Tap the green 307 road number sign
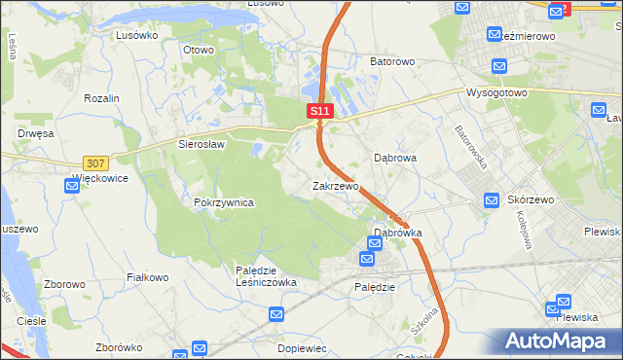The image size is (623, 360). [95, 162]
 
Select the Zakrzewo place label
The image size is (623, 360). [336, 185]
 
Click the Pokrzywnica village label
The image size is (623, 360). [224, 202]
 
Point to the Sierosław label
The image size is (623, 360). [202, 143]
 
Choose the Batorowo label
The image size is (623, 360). [392, 61]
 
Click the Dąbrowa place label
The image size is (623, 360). [396, 157]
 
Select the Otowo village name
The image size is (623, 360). [198, 49]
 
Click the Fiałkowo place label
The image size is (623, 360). [149, 277]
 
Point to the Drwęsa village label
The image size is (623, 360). [34, 133]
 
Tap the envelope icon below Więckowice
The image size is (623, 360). [72, 186]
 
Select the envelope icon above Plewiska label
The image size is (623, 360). [563, 302]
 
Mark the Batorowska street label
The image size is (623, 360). [471, 145]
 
